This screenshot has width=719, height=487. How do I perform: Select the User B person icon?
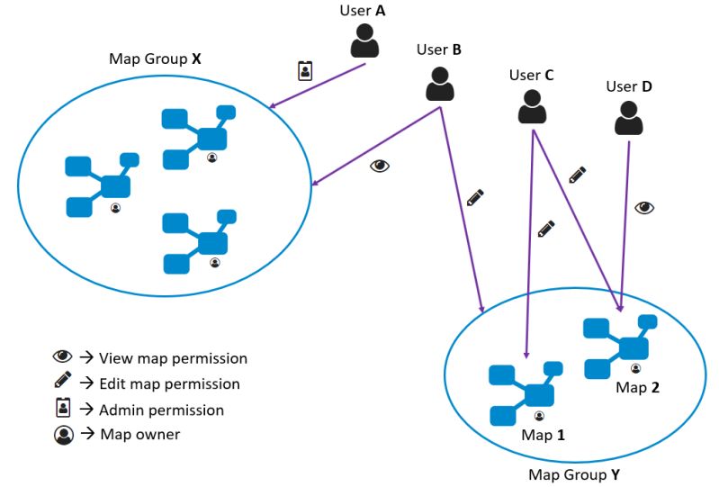click(x=439, y=83)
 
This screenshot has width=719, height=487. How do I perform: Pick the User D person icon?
click(x=629, y=118)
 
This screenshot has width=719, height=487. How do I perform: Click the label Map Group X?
click(x=154, y=59)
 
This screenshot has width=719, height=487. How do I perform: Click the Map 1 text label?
click(x=543, y=435)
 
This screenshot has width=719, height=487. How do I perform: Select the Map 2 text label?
click(x=637, y=387)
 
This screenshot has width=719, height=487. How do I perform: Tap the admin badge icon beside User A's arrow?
click(x=305, y=71)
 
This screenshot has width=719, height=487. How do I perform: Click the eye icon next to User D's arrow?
click(x=644, y=207)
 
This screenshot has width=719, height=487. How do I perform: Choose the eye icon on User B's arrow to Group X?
click(x=380, y=167)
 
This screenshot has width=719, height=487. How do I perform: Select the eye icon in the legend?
click(x=63, y=356)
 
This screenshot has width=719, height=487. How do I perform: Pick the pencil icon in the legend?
click(x=63, y=382)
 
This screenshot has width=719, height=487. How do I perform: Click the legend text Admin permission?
click(x=161, y=410)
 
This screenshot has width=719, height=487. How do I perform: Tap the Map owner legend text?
click(x=139, y=435)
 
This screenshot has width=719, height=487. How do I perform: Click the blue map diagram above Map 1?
click(x=526, y=393)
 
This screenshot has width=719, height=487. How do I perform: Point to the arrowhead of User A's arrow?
click(x=271, y=109)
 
